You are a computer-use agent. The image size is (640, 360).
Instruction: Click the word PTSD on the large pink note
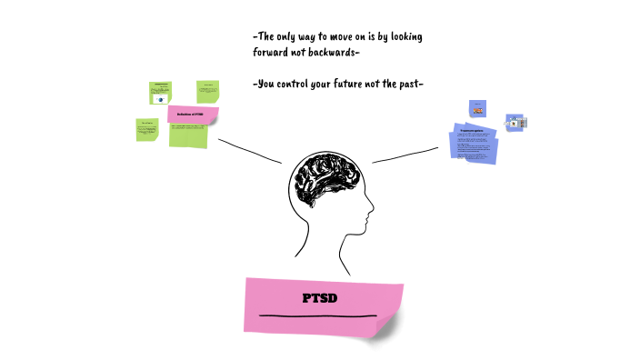pos(320,298)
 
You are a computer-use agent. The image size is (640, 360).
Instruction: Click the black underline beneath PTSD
pos(318,316)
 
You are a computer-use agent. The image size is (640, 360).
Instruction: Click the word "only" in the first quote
pos(291,37)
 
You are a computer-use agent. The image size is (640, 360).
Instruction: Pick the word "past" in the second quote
pos(407,85)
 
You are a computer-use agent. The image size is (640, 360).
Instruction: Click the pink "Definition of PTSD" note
pos(193,115)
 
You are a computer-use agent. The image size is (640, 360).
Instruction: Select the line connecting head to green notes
pos(249,152)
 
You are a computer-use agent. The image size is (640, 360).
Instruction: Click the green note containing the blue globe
pos(161,93)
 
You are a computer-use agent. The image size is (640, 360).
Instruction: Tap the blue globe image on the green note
pos(161,99)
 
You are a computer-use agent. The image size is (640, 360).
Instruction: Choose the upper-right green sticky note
pos(208,91)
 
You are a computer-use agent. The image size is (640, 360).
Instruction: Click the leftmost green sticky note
pos(146,129)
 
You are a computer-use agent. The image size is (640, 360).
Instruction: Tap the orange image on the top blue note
pos(478,111)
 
